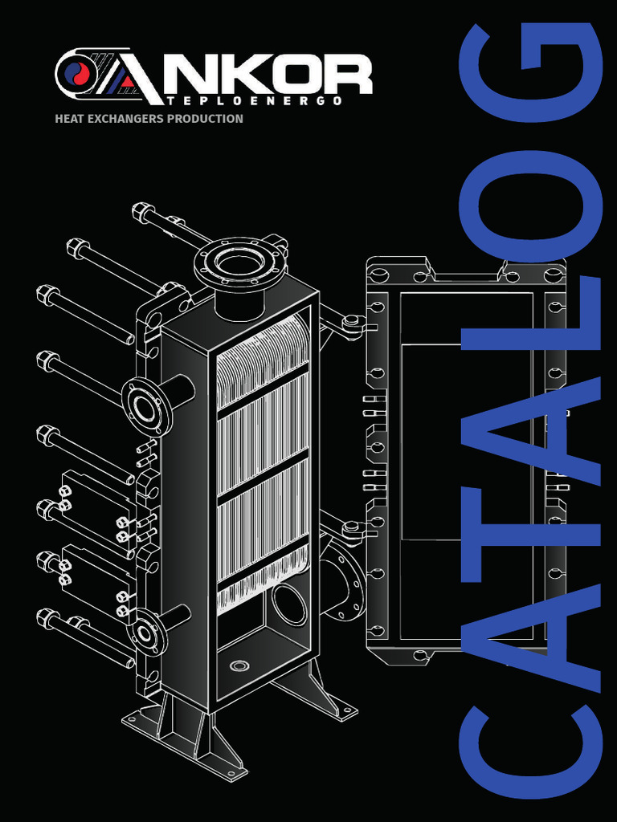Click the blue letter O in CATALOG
tap(530, 210)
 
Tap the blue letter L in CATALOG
tap(530, 321)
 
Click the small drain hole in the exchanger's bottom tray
tap(239, 665)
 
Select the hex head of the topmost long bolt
tap(143, 213)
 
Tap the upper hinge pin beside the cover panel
tap(350, 323)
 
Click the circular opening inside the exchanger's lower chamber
tap(288, 604)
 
